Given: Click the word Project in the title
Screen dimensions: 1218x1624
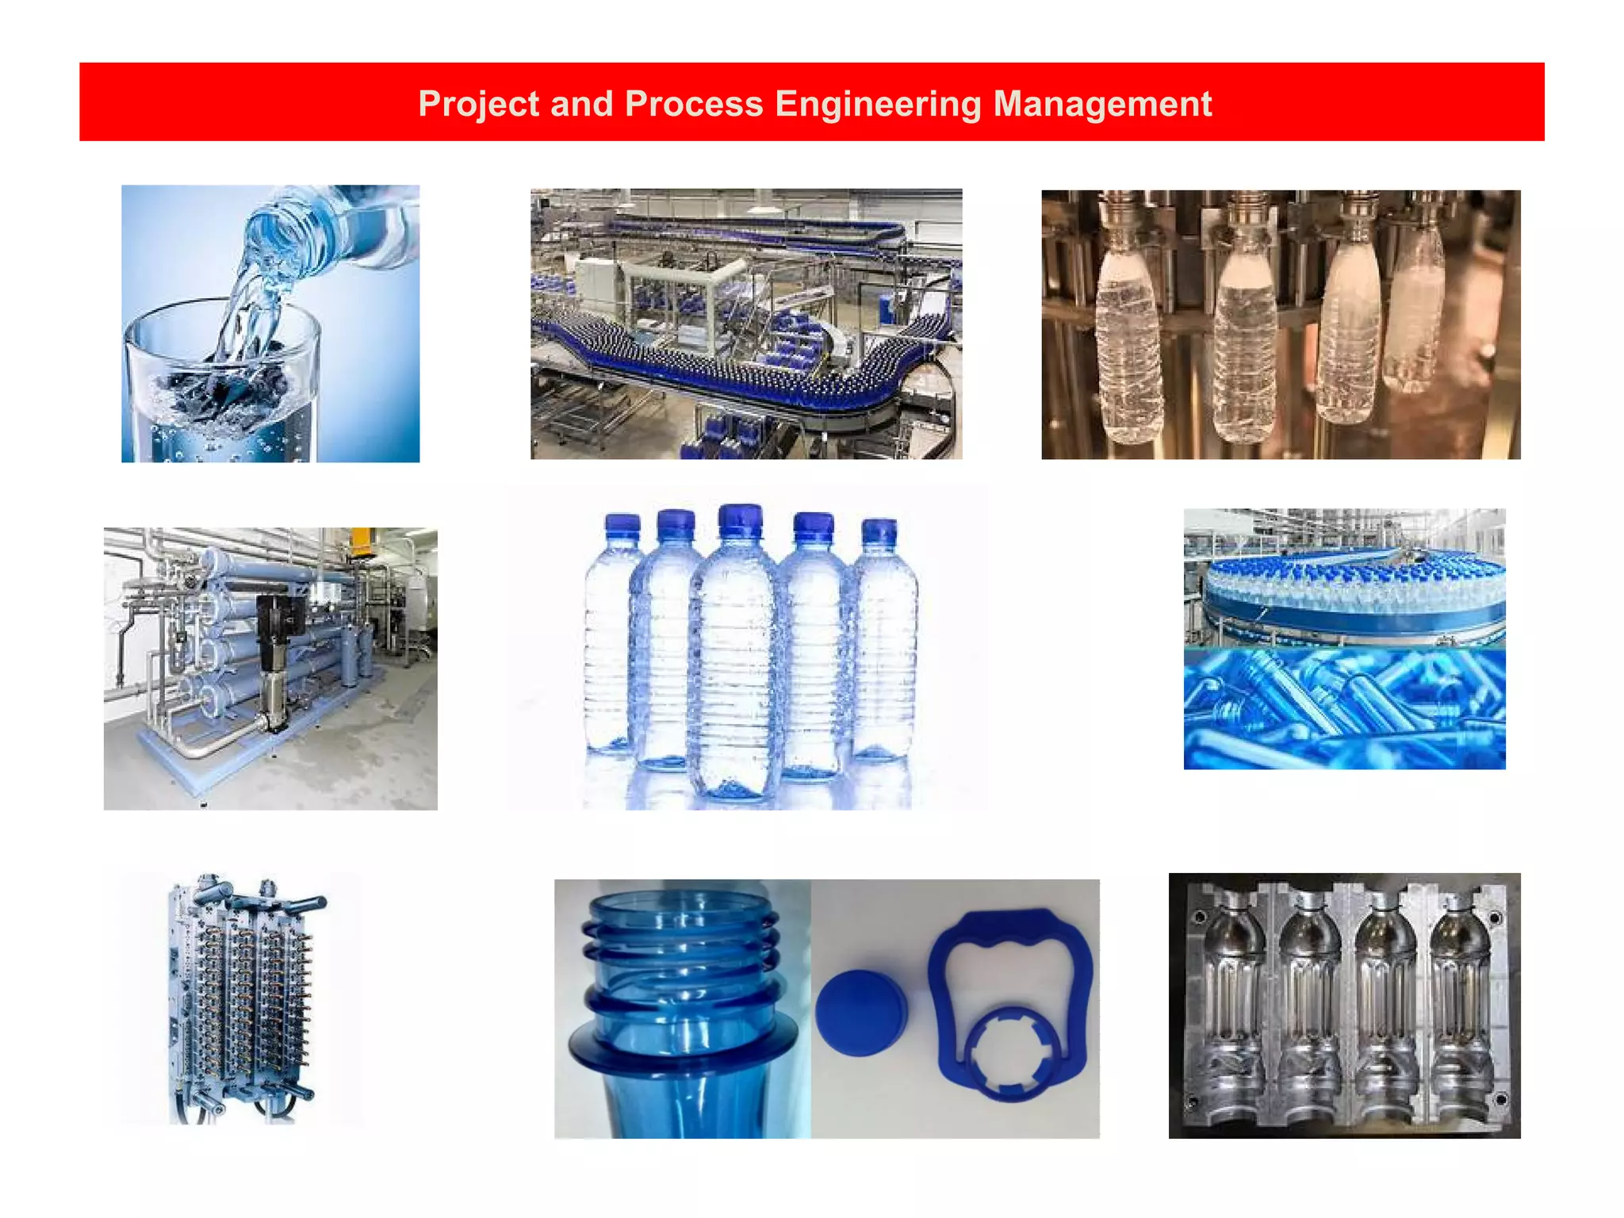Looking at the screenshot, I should (x=477, y=104).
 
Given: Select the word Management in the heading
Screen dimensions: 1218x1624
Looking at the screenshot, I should (x=1102, y=104).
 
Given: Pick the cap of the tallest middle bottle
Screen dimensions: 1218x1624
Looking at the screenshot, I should (x=740, y=521).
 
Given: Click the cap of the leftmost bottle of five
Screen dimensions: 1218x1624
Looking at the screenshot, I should (x=622, y=529).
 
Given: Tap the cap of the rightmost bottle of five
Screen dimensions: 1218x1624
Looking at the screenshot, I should (x=879, y=533).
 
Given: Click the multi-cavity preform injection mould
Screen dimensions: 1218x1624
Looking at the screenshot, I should (x=242, y=999).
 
